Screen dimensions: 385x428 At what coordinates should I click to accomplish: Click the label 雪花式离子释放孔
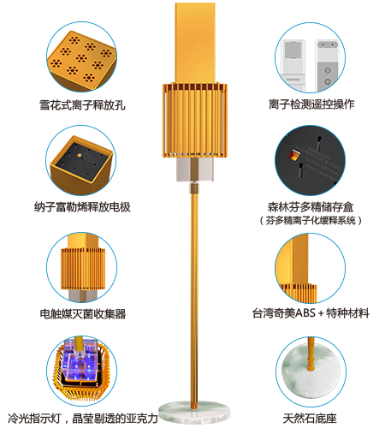click(x=82, y=105)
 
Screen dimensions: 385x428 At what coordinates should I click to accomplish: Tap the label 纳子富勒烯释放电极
click(x=82, y=207)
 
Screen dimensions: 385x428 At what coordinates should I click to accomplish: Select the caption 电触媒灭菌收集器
click(x=83, y=313)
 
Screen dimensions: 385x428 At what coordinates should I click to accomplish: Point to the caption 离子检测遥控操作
click(x=311, y=104)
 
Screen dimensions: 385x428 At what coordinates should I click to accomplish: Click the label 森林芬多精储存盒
click(x=311, y=207)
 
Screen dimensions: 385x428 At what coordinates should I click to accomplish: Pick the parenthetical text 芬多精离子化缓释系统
click(x=311, y=220)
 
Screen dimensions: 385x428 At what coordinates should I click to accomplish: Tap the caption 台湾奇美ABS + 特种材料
click(x=311, y=313)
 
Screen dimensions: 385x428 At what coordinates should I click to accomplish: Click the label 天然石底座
click(x=310, y=419)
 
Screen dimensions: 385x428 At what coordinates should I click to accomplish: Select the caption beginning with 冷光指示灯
click(x=83, y=419)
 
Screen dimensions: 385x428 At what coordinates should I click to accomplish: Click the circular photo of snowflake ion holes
click(x=81, y=56)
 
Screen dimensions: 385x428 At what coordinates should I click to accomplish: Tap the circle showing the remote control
click(x=311, y=57)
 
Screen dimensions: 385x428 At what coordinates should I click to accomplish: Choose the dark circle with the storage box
click(x=311, y=160)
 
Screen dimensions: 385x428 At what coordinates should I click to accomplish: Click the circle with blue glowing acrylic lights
click(x=82, y=371)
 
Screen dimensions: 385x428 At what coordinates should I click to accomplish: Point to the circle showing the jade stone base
click(x=311, y=372)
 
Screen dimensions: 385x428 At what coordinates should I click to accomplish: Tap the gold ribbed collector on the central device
click(x=195, y=120)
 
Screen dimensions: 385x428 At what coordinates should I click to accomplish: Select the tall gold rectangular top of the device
click(x=195, y=43)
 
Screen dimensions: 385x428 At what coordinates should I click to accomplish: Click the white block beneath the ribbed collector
click(x=195, y=169)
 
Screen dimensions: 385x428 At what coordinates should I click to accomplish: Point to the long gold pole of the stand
click(x=194, y=297)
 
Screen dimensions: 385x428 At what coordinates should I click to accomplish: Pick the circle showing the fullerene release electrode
click(x=81, y=160)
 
